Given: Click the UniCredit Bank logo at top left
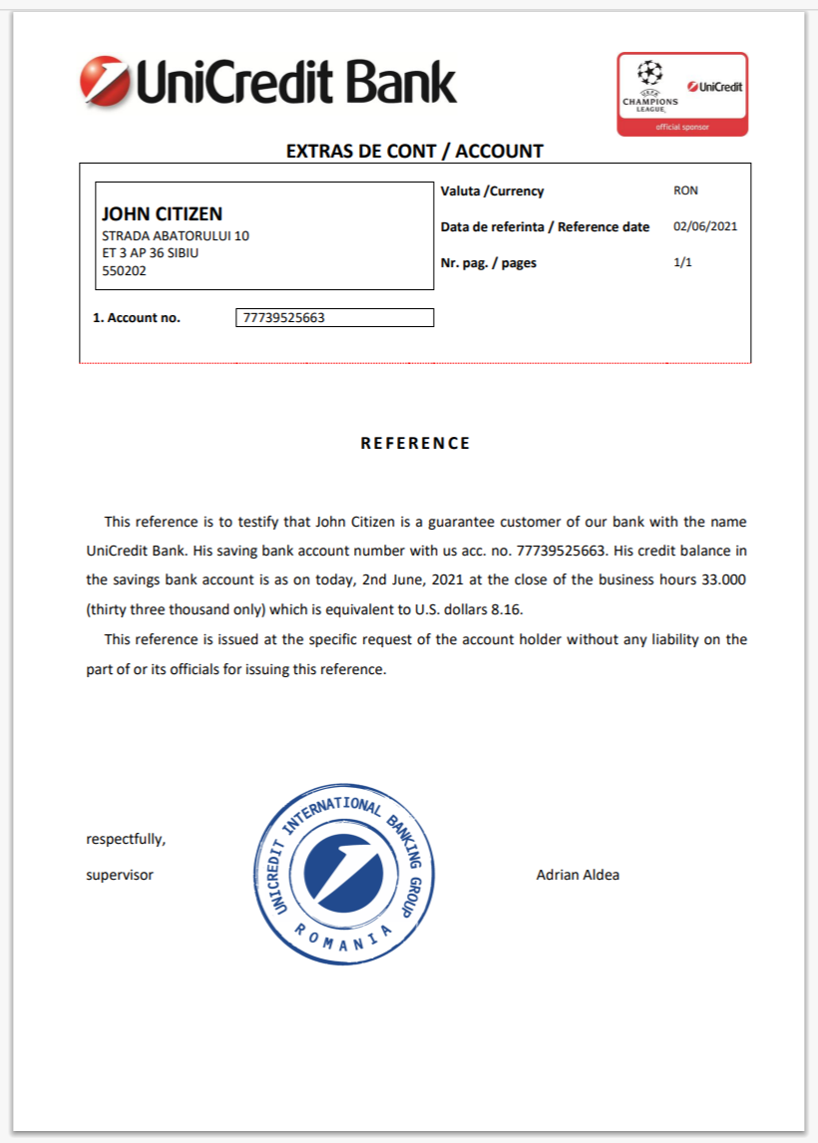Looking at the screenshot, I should (x=267, y=82).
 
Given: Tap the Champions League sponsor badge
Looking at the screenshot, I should (x=682, y=94).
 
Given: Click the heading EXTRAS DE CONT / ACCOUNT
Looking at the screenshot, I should (x=415, y=152).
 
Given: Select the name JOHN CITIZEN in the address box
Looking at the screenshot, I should (x=162, y=214).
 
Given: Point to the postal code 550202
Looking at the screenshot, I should (x=124, y=269).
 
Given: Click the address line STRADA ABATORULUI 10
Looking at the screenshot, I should (x=176, y=236).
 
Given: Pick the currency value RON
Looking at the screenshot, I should (x=686, y=190).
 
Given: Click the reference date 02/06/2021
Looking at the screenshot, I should (x=705, y=226).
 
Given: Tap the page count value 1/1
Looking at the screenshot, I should (x=683, y=263).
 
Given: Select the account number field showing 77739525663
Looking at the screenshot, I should (x=335, y=318).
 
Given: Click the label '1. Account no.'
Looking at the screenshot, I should (x=137, y=318).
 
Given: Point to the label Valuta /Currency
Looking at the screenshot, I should (x=493, y=190).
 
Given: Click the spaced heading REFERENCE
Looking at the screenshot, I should (x=415, y=443).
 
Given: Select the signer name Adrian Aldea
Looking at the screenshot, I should (x=578, y=875).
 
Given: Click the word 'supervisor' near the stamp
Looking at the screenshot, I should (x=120, y=875).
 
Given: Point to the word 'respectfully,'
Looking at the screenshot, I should (x=127, y=839).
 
